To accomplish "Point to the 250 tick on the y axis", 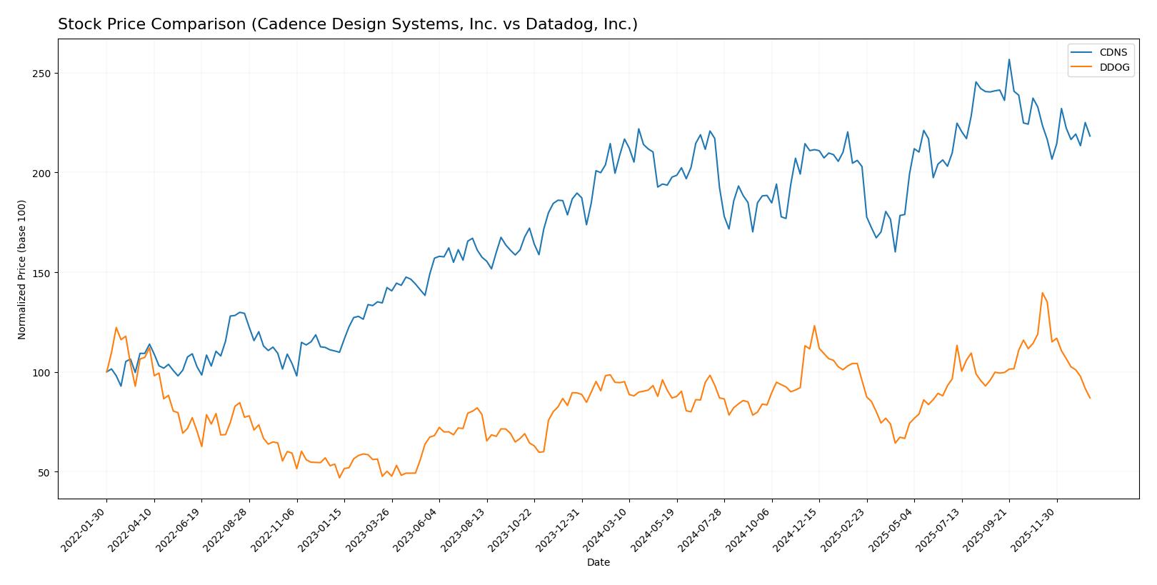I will (x=44, y=74).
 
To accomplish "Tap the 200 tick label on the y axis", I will (x=44, y=174).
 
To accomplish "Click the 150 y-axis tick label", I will (x=44, y=273).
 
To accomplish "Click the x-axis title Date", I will (x=598, y=563).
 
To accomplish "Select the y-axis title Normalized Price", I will (x=22, y=269).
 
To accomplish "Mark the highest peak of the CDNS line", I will (x=1009, y=59).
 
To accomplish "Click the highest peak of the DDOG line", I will (x=1042, y=293).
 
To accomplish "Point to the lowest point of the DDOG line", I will (x=339, y=478).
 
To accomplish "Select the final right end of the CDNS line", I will (x=1090, y=136).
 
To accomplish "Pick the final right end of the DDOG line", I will (x=1090, y=398).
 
